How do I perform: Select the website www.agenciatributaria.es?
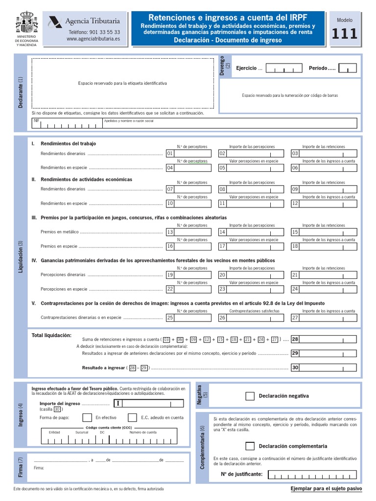(93, 39)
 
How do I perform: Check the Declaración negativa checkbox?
(250, 396)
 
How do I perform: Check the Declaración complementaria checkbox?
(250, 446)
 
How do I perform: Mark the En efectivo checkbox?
(87, 417)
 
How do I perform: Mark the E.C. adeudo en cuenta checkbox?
(132, 417)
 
